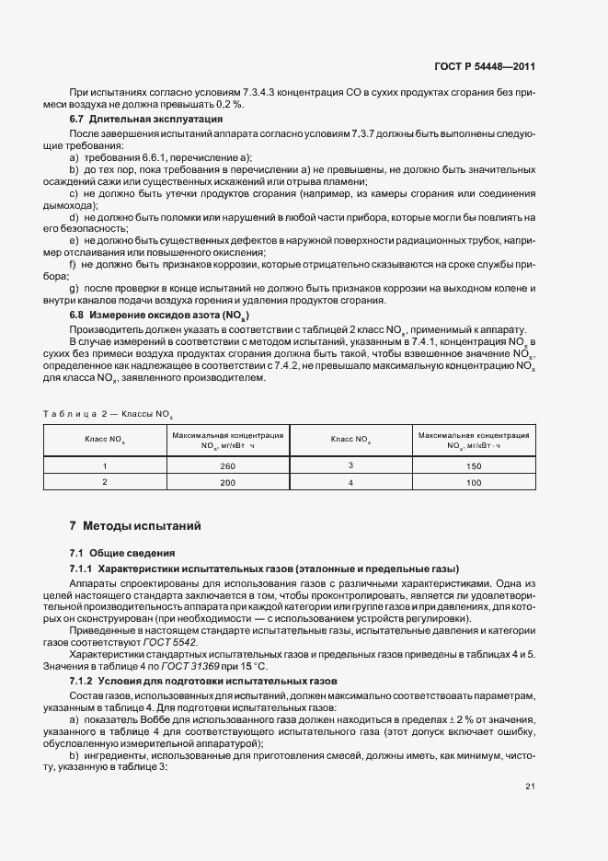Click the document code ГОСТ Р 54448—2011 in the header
[x=484, y=66]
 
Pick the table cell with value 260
[x=227, y=466]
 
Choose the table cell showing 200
[x=227, y=482]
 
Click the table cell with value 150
[x=473, y=466]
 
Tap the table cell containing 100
[x=473, y=482]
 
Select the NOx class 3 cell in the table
[x=350, y=466]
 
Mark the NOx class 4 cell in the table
[x=350, y=482]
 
